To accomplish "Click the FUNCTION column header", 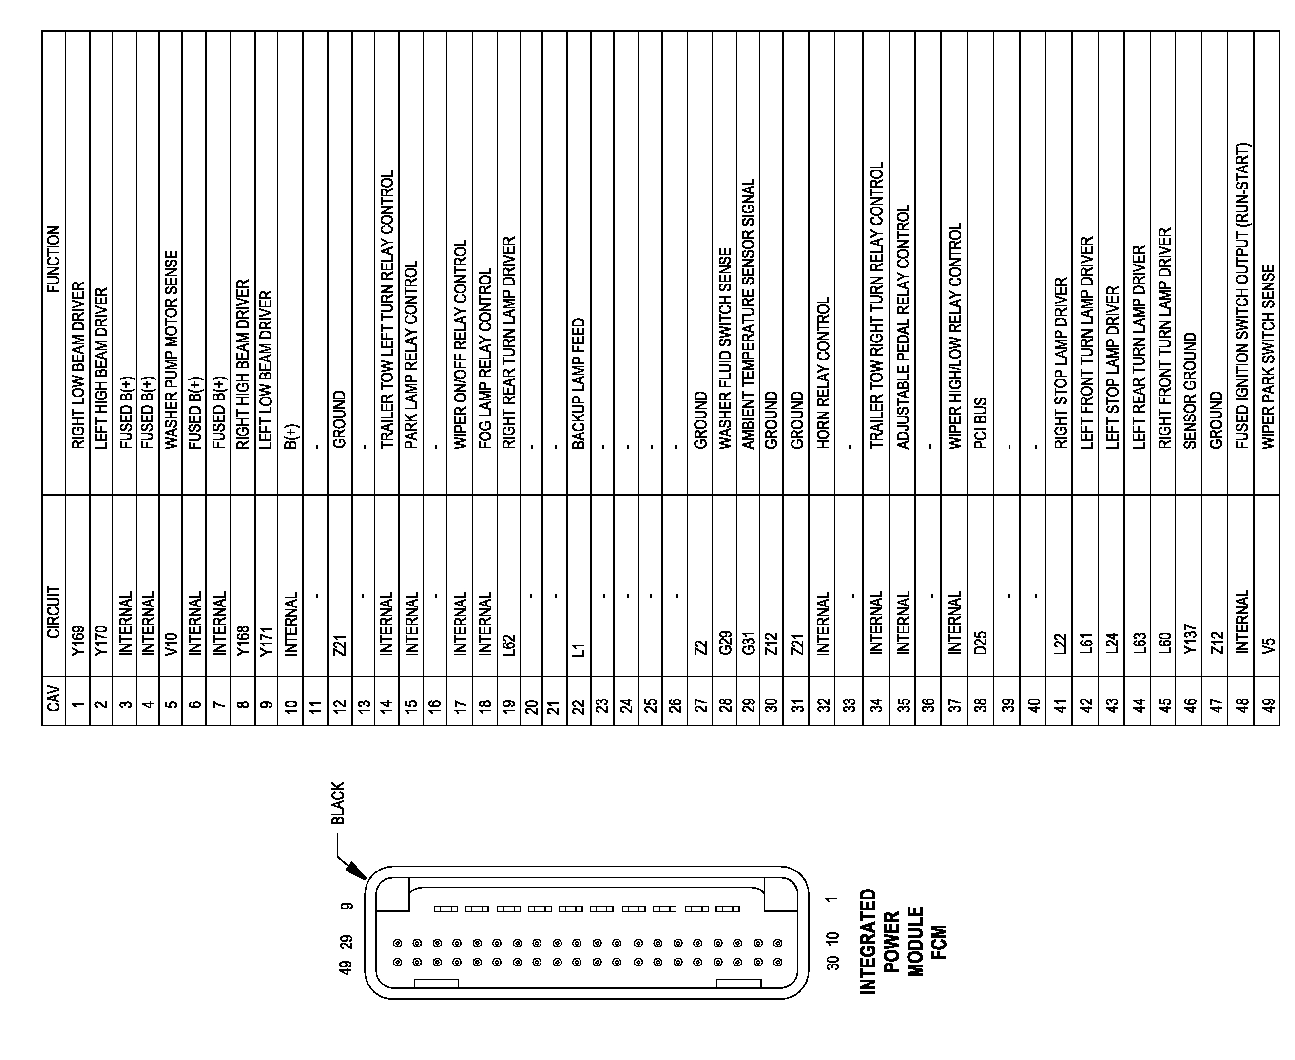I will (x=54, y=260).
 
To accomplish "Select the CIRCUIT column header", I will (x=54, y=612).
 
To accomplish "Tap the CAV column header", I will (x=54, y=699).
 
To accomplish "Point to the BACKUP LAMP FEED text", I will (x=579, y=383).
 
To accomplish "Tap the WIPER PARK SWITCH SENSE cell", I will (x=1268, y=357).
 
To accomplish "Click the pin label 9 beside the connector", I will (x=347, y=906).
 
